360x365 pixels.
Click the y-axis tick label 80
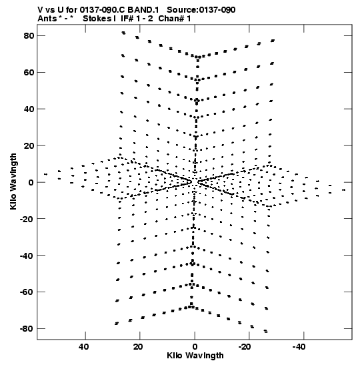(29, 36)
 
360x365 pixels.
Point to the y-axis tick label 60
(29, 72)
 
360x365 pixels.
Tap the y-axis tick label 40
(29, 109)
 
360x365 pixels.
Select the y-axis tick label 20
(29, 145)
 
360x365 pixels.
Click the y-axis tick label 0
(31, 182)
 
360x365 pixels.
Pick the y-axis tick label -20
(27, 219)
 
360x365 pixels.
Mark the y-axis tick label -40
(27, 256)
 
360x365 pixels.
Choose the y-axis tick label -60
(27, 292)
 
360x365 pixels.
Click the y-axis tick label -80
(27, 329)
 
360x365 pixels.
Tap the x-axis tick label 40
(84, 347)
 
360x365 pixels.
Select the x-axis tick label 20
(138, 347)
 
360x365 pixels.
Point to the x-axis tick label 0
(195, 347)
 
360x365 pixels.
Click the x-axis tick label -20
(245, 347)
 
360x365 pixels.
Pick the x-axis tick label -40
(299, 347)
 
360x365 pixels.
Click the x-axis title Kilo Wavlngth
(195, 356)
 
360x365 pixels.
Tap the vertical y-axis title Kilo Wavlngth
(13, 181)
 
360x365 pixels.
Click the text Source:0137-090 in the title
(201, 10)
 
